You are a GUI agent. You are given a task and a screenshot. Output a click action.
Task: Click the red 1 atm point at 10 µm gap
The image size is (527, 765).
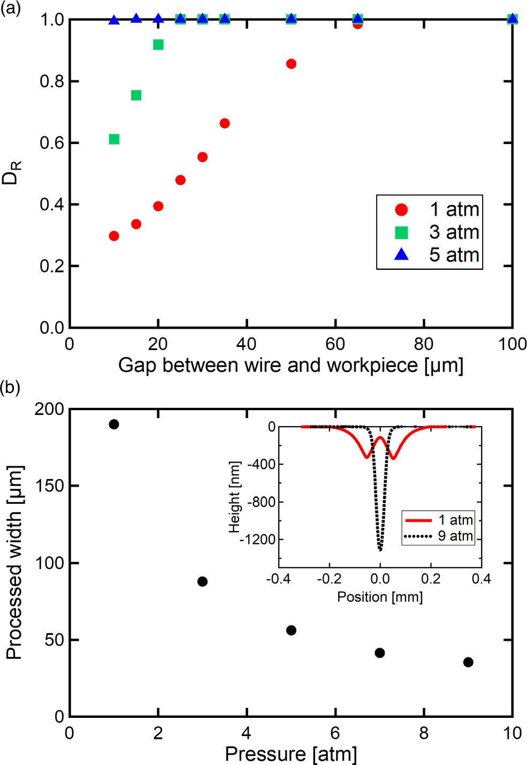[113, 236]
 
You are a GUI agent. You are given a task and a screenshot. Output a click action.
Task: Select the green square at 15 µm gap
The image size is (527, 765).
[136, 95]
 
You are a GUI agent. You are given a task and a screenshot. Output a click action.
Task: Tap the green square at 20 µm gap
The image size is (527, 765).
[158, 44]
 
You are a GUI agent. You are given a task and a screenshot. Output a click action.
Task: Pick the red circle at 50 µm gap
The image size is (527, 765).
[291, 64]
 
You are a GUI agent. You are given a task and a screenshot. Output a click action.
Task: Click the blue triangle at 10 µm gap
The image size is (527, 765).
[113, 20]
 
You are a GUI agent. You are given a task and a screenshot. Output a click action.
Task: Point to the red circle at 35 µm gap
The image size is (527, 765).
[225, 124]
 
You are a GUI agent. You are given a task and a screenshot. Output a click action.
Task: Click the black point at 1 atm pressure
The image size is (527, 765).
[113, 425]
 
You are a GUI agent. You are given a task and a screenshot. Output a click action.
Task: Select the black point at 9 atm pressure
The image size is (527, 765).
[468, 662]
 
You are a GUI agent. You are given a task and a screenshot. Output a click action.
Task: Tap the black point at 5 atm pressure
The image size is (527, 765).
[291, 630]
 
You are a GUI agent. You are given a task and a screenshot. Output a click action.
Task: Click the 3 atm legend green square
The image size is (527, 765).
[401, 232]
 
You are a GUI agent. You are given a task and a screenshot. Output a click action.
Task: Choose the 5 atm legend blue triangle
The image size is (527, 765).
[401, 255]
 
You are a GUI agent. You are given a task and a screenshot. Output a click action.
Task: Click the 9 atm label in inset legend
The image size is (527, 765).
[455, 536]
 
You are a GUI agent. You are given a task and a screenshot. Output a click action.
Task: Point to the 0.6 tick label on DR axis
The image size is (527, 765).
[52, 143]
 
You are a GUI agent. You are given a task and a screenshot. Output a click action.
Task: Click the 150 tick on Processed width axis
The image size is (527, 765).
[49, 486]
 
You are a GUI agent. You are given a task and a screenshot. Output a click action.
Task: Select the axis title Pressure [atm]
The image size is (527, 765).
[291, 754]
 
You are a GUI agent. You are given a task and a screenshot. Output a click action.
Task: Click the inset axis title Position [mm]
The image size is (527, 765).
[380, 597]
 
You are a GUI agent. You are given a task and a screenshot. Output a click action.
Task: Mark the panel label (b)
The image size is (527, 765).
[10, 387]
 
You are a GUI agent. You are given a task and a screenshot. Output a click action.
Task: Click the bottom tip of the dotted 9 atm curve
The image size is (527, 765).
[380, 550]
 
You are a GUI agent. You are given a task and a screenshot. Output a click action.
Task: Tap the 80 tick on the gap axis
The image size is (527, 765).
[424, 344]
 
